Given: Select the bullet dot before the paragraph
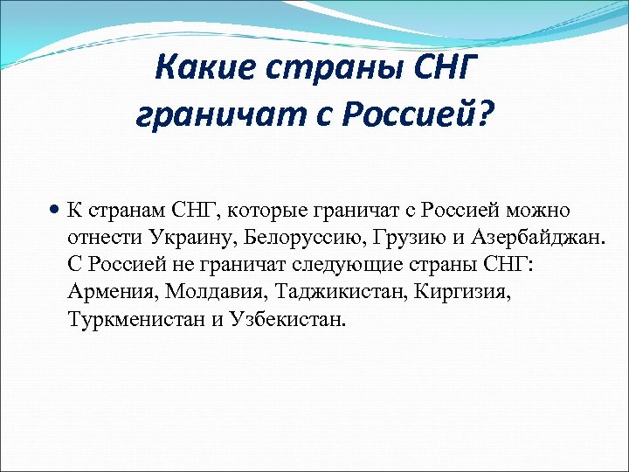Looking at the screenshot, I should coord(55,210).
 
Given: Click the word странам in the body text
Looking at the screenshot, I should coord(119,210).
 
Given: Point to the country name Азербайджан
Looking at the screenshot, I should coord(534,237).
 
